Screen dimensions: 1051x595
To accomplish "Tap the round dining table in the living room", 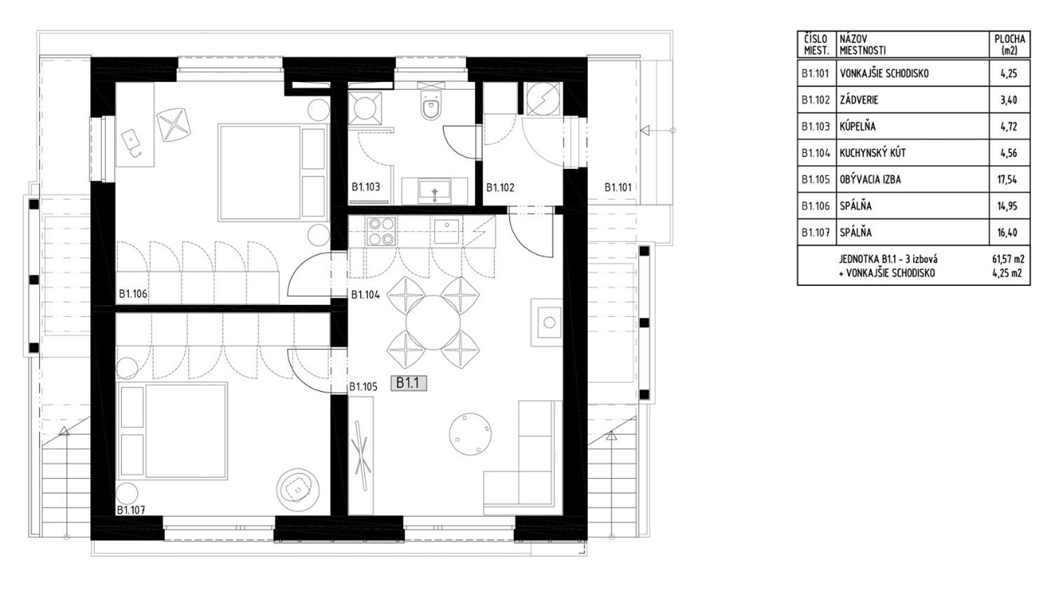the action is tap(433, 323).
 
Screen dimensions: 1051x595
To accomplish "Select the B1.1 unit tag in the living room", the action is tap(408, 383).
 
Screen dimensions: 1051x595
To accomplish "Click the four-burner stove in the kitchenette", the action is tap(381, 231).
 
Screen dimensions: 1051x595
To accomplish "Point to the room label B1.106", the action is tap(133, 294).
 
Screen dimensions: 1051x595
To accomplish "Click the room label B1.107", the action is tap(131, 510).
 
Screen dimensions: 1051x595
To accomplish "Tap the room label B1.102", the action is tap(500, 187).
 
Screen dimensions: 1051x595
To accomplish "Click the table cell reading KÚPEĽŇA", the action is tap(857, 126).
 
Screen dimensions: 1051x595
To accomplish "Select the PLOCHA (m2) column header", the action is tap(1009, 45).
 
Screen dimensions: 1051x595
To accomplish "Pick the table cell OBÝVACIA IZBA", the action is tap(870, 179).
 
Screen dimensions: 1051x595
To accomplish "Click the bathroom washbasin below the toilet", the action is tap(435, 191).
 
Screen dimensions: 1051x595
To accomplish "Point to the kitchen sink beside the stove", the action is tap(446, 231).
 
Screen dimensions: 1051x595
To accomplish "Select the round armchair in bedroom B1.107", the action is tap(296, 489).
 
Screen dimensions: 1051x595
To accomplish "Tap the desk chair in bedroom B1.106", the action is tap(173, 124).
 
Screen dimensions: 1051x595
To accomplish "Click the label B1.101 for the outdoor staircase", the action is tap(618, 187).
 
